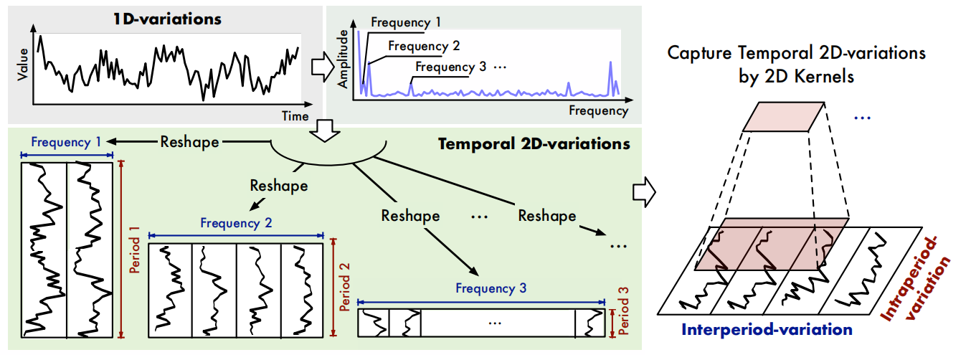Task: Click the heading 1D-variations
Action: [x=167, y=19]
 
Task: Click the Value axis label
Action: [x=22, y=65]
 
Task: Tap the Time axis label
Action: [x=295, y=116]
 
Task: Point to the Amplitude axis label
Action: [x=343, y=59]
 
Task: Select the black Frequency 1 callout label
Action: [x=406, y=22]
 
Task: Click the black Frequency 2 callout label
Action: [x=424, y=46]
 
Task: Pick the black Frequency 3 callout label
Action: [x=451, y=67]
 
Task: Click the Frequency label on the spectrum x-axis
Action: [x=599, y=111]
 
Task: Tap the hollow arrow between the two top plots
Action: [x=323, y=67]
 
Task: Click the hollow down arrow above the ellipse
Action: [x=325, y=131]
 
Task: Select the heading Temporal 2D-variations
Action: [x=534, y=143]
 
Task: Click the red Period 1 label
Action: [x=135, y=250]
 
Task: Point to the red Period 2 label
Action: [x=345, y=287]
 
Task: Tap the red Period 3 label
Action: [x=623, y=311]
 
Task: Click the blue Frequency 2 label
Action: [x=236, y=223]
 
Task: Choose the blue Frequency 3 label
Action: [x=491, y=288]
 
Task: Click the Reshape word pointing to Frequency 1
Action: [x=189, y=142]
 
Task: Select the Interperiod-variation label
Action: [x=767, y=330]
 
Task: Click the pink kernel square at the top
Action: [x=783, y=117]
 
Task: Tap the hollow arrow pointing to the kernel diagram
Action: [x=644, y=191]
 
